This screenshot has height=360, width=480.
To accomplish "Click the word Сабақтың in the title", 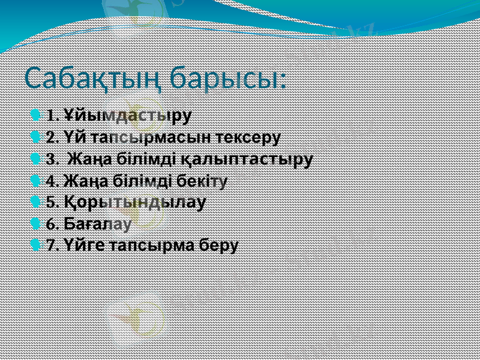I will click(92, 79).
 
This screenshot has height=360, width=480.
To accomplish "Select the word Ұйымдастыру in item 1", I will click(127, 115).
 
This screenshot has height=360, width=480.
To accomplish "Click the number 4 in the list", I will click(50, 181).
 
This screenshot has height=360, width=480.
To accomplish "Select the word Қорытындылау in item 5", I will click(135, 201).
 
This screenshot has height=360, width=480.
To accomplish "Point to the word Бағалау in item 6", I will click(97, 224).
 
